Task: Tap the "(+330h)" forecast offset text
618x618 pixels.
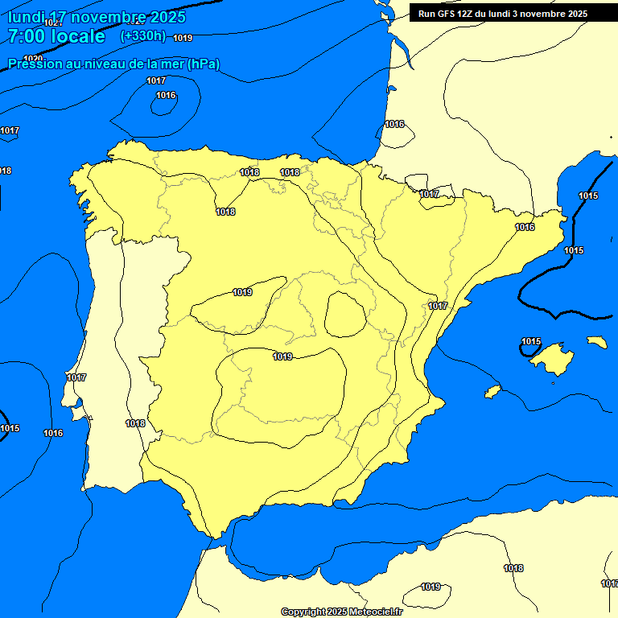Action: click(142, 35)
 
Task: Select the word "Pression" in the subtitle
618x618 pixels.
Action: click(34, 64)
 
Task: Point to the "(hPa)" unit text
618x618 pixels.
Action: click(204, 64)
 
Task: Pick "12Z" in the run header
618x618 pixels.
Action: click(471, 14)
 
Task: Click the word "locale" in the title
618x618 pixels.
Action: click(76, 36)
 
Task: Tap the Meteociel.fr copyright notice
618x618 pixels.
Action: click(341, 612)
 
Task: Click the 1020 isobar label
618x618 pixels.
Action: click(33, 59)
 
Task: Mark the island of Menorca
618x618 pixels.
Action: click(597, 342)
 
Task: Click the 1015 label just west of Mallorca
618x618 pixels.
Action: click(531, 342)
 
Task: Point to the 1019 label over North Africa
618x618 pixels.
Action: click(431, 587)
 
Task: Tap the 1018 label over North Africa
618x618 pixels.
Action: click(513, 569)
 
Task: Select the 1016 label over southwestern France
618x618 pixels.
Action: click(394, 124)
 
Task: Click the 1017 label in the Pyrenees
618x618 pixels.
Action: click(429, 194)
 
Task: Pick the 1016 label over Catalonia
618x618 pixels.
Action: click(525, 228)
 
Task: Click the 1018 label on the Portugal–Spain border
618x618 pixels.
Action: click(135, 423)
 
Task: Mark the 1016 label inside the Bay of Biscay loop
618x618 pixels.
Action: click(166, 96)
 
